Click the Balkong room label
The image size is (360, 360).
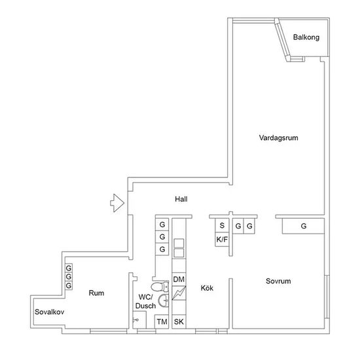(x=306, y=37)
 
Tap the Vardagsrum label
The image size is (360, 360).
(x=278, y=137)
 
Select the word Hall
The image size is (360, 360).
(x=181, y=199)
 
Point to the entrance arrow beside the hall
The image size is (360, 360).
(x=117, y=203)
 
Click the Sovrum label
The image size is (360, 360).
(x=278, y=281)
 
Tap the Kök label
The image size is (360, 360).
(x=207, y=288)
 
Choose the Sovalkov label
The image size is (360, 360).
(x=49, y=312)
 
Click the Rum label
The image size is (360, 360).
(x=96, y=293)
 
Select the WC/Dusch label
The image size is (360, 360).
(x=145, y=302)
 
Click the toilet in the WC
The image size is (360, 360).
(x=160, y=287)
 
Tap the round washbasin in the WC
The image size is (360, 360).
(x=164, y=300)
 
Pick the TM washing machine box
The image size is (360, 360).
(x=162, y=321)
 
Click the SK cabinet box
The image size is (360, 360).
(x=179, y=321)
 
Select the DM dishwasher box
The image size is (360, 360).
(x=179, y=279)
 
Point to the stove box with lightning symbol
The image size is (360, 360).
(x=179, y=293)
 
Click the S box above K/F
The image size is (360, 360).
(x=222, y=225)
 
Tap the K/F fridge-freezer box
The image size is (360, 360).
(x=222, y=240)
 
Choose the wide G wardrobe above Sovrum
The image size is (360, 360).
(x=303, y=226)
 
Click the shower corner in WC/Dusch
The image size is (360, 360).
(x=139, y=320)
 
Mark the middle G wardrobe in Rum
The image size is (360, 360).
(x=69, y=277)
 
